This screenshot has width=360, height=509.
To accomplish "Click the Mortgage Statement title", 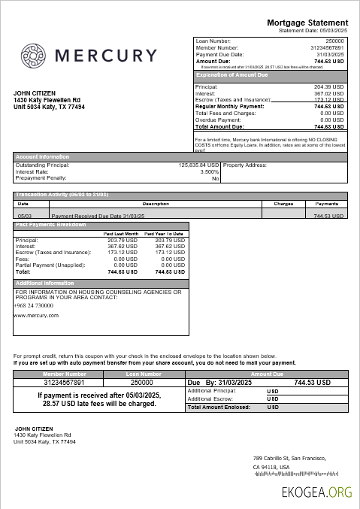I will pyautogui.click(x=307, y=23).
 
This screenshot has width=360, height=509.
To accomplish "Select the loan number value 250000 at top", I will pyautogui.click(x=334, y=41).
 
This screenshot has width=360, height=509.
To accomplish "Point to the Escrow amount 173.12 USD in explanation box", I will pyautogui.click(x=329, y=99).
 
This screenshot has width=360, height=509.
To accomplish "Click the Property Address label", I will pyautogui.click(x=245, y=165).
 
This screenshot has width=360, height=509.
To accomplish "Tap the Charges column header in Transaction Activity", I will pyautogui.click(x=283, y=204).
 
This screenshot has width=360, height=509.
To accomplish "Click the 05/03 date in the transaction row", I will pyautogui.click(x=23, y=215).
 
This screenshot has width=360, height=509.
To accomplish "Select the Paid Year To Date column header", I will pyautogui.click(x=164, y=234).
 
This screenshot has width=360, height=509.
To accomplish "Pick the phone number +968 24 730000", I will pyautogui.click(x=33, y=305).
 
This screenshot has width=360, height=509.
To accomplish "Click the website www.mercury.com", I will pyautogui.click(x=36, y=316).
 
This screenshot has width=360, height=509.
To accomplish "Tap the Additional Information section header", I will pyautogui.click(x=45, y=283).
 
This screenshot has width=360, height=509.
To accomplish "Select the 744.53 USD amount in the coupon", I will pyautogui.click(x=313, y=382).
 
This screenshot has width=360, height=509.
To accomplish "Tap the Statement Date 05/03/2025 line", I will pyautogui.click(x=313, y=31).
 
